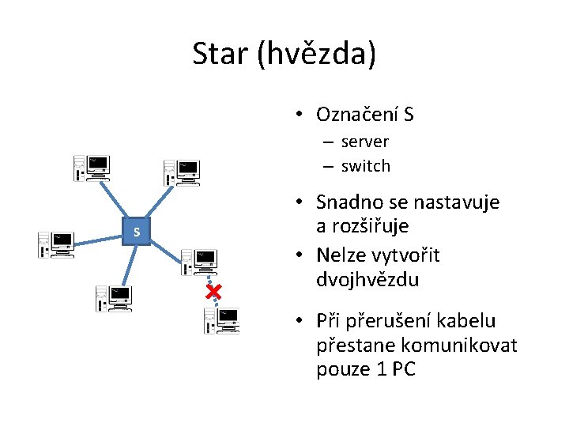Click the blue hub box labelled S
tap(137, 232)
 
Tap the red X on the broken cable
tap(213, 293)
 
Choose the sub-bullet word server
tap(365, 142)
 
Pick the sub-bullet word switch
tap(366, 166)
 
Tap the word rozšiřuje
tap(363, 226)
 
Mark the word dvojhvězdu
tap(367, 280)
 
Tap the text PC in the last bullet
tap(404, 369)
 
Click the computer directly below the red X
tap(221, 320)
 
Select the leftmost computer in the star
tap(56, 245)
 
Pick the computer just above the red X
tap(198, 262)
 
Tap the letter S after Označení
tap(408, 115)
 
